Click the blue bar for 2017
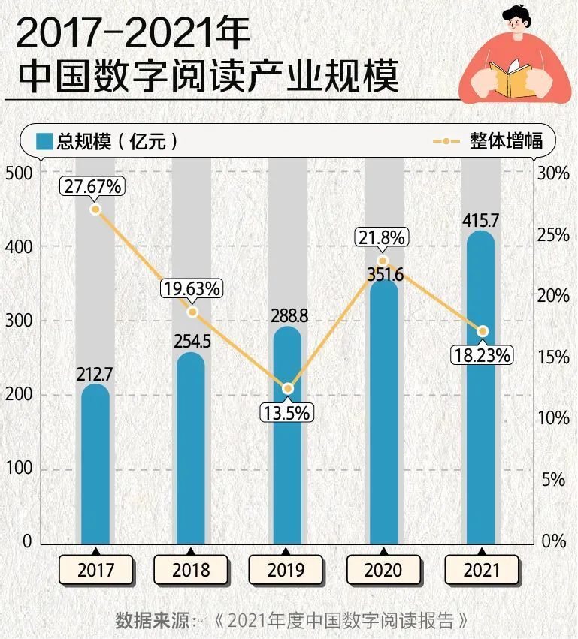pyautogui.click(x=95, y=466)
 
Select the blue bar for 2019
pyautogui.click(x=286, y=436)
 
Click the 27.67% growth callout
pyautogui.click(x=92, y=186)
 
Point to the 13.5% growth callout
pyautogui.click(x=286, y=412)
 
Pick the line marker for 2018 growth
pyautogui.click(x=192, y=312)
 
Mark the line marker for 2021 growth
pyautogui.click(x=483, y=331)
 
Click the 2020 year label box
pyautogui.click(x=383, y=570)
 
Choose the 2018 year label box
pyautogui.click(x=191, y=570)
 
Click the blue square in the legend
pyautogui.click(x=45, y=141)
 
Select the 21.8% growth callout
pyautogui.click(x=381, y=237)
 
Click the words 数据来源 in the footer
pyautogui.click(x=152, y=621)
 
